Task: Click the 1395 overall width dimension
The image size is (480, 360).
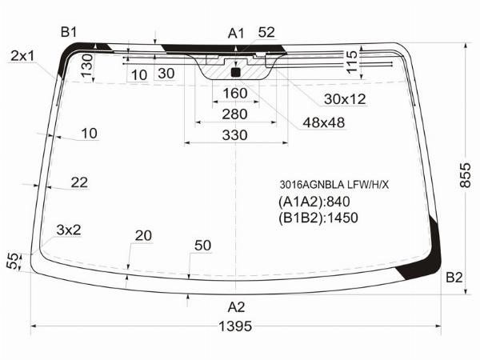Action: tap(235, 326)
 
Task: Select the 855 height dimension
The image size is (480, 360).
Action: tap(465, 175)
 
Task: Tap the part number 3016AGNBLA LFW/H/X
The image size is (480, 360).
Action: tap(334, 185)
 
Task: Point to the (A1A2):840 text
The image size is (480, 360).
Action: tap(314, 202)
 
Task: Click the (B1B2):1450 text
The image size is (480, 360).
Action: tap(318, 218)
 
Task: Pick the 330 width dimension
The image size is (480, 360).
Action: tap(234, 135)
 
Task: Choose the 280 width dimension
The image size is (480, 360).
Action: tap(234, 114)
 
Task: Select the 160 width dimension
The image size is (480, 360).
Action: tap(234, 94)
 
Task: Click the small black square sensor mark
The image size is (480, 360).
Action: tap(236, 72)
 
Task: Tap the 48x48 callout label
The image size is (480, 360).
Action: tap(324, 122)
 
